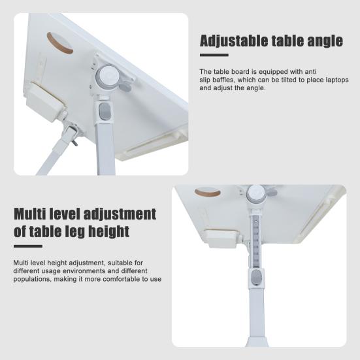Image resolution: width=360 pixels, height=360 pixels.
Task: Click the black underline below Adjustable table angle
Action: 213,56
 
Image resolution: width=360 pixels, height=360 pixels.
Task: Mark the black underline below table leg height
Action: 27,246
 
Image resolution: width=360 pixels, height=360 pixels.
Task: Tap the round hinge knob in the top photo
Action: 106,76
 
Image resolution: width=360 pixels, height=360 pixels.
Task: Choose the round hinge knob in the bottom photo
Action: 257,193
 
